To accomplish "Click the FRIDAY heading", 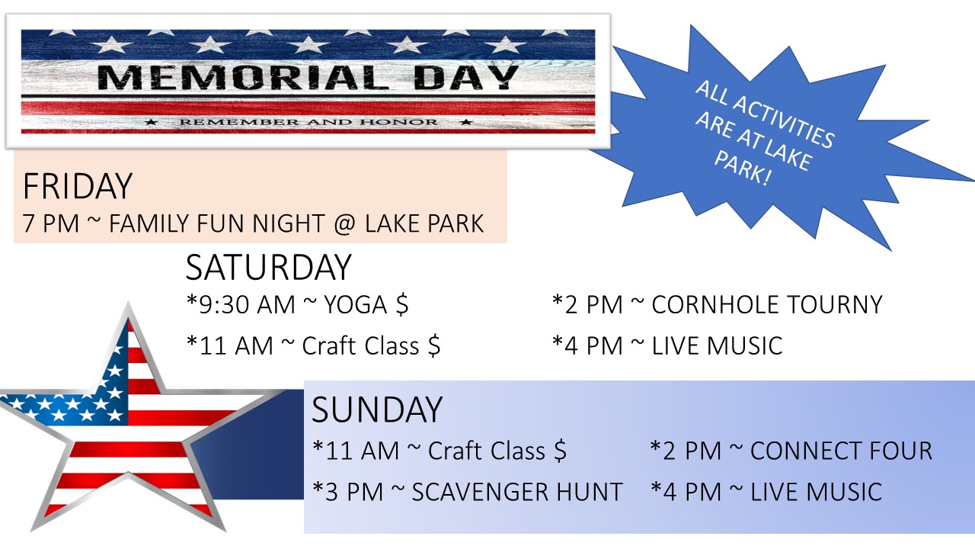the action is pyautogui.click(x=78, y=187).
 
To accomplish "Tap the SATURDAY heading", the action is pyautogui.click(x=269, y=267).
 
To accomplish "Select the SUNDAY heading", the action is pyautogui.click(x=377, y=409).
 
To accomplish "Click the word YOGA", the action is pyautogui.click(x=356, y=304).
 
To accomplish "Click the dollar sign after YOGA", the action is pyautogui.click(x=402, y=304).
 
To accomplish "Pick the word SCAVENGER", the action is pyautogui.click(x=480, y=492).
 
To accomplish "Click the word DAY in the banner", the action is pyautogui.click(x=466, y=78).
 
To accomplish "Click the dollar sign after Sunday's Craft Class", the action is pyautogui.click(x=560, y=451).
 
